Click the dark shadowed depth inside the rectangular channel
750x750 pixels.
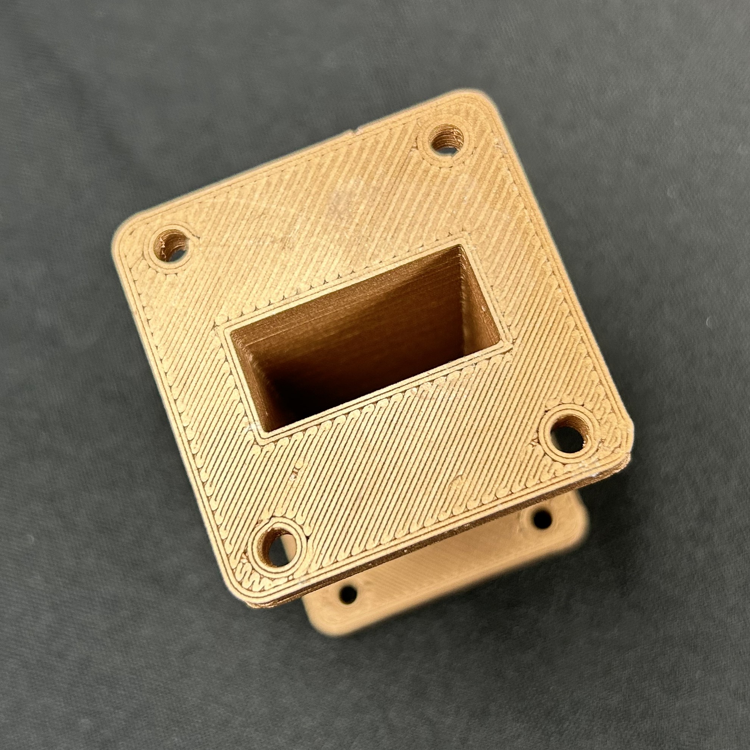click(x=318, y=388)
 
